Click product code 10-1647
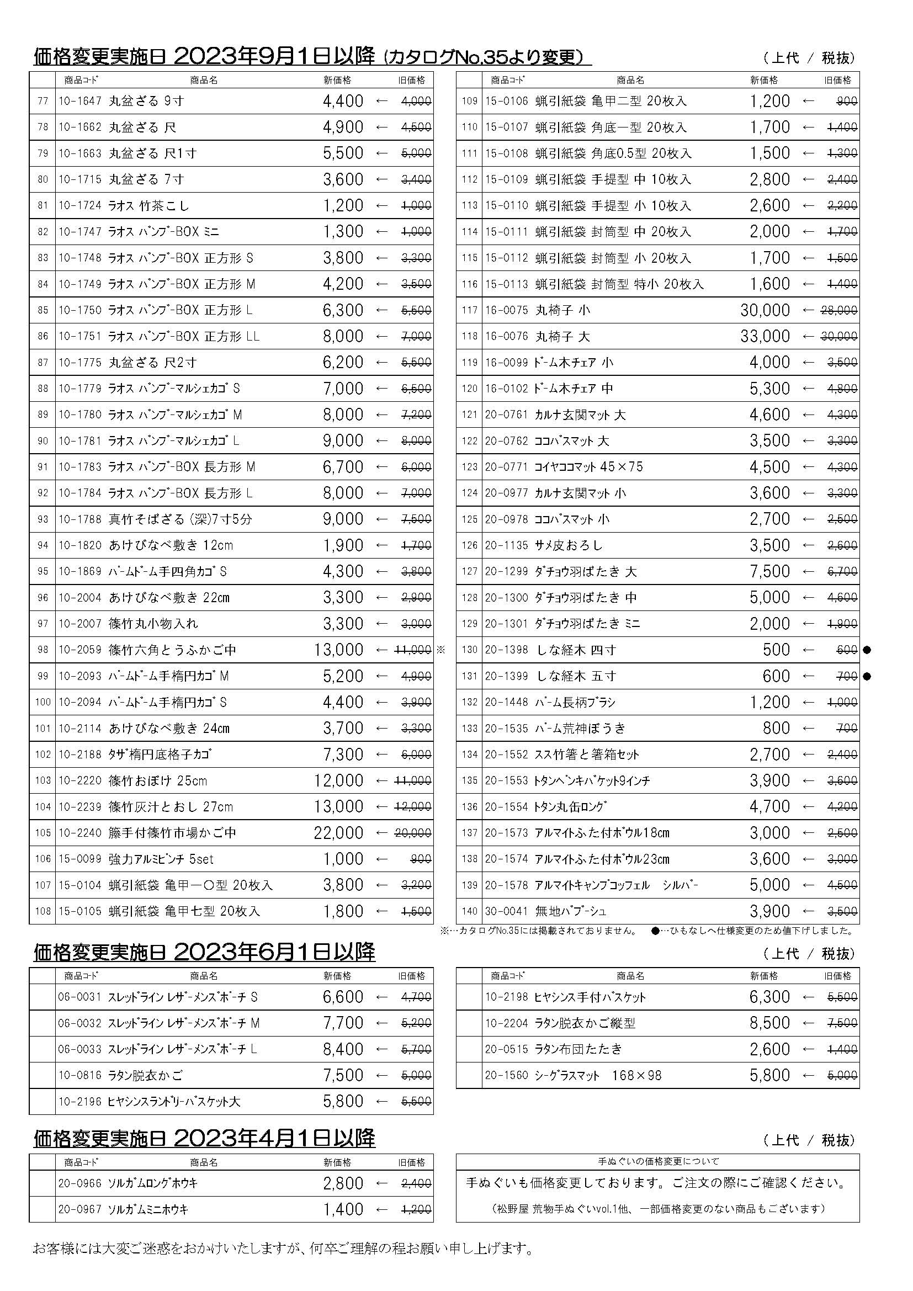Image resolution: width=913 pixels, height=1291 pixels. click(x=80, y=101)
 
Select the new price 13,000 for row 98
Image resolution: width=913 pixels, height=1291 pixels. click(x=338, y=650)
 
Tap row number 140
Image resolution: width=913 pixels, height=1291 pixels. click(x=469, y=911)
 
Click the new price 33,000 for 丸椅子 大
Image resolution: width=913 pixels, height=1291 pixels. click(x=765, y=336)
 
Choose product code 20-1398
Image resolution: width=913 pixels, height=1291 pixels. click(x=507, y=650)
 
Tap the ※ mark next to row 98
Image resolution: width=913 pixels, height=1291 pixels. click(x=440, y=650)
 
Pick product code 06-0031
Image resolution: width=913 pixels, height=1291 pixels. click(x=80, y=997)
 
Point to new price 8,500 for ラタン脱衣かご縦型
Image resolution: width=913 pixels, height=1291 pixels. click(x=769, y=1023)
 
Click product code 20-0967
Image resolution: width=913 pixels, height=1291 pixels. click(x=80, y=1209)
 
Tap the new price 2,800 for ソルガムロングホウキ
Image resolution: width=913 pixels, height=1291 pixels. click(x=343, y=1183)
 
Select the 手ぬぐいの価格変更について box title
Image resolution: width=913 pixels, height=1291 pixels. click(x=658, y=1161)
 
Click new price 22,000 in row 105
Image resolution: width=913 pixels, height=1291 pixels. click(x=338, y=833)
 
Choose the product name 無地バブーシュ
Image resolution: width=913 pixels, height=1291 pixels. click(x=571, y=911)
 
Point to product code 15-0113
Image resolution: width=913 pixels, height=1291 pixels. click(x=507, y=284)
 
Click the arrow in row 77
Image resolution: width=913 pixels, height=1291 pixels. click(x=382, y=101)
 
